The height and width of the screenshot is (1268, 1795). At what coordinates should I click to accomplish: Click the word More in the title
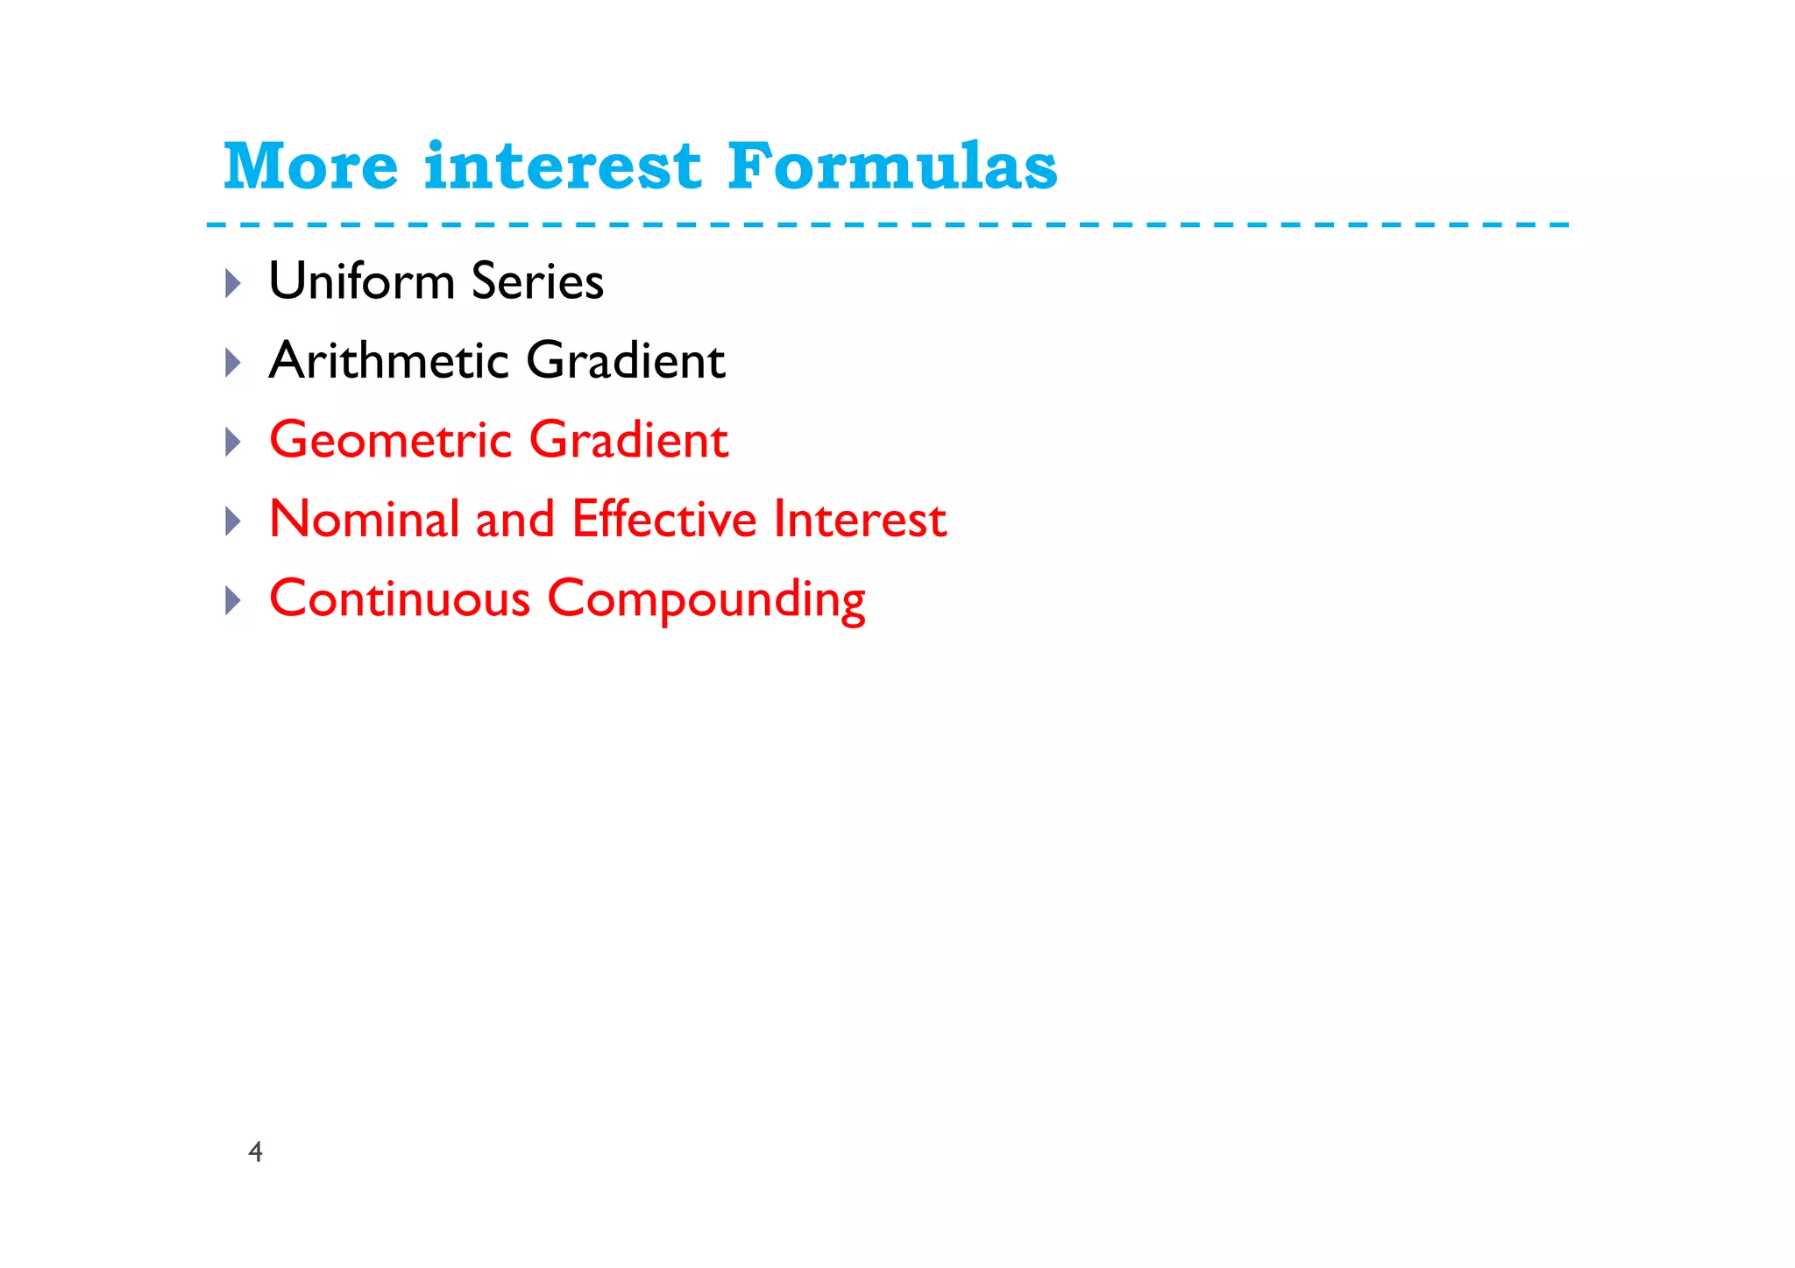[311, 166]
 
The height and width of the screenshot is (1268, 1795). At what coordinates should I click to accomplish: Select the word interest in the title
[562, 166]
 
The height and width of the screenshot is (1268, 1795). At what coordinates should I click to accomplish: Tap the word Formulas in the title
[892, 166]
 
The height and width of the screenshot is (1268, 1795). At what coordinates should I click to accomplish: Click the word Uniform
[361, 281]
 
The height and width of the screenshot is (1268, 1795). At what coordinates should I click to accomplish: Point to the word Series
[537, 281]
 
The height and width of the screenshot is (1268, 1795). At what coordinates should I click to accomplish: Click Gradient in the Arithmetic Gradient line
[625, 360]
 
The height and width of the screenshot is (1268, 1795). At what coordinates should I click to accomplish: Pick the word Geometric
[390, 439]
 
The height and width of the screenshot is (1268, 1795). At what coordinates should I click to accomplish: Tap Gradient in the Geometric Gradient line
[628, 439]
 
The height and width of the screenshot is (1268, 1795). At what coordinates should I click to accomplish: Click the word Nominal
[364, 519]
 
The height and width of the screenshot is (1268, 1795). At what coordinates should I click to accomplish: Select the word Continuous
[400, 599]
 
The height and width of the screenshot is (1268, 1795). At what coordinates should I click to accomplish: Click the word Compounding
[706, 600]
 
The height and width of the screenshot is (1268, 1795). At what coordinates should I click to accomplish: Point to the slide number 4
[255, 1151]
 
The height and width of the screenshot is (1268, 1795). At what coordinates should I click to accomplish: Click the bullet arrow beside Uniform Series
[233, 283]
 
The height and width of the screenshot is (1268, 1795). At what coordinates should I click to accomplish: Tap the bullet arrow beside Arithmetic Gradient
[233, 362]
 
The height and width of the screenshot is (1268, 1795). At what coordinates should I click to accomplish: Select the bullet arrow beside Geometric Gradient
[233, 442]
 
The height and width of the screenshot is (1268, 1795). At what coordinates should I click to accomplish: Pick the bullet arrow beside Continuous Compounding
[233, 600]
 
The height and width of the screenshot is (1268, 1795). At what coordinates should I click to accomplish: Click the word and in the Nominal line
[514, 519]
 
